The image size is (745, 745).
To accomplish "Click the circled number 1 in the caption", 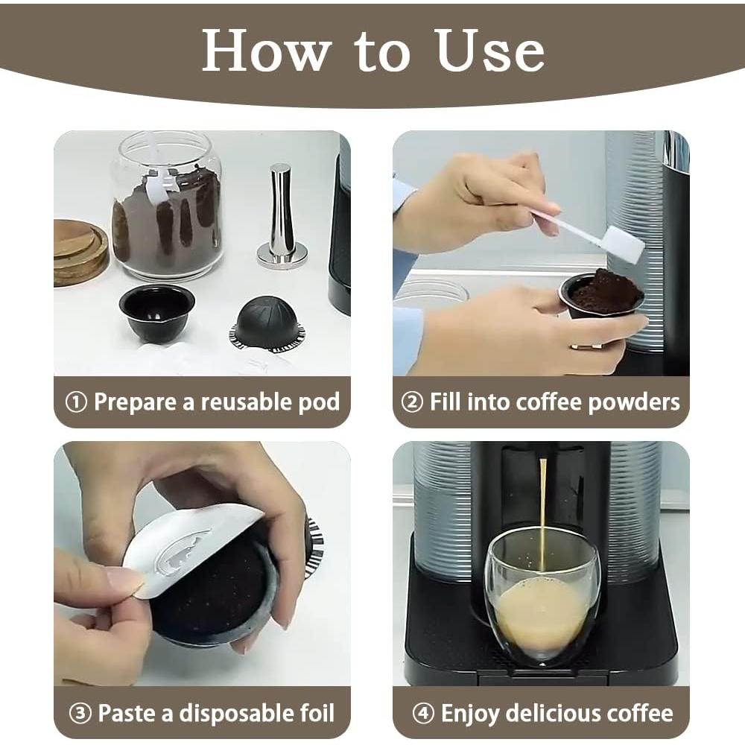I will (77, 402).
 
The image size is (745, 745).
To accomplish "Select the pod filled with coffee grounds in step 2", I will (601, 296).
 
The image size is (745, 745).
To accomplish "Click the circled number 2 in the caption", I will (412, 402).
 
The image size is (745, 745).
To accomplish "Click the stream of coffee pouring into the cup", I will (543, 507).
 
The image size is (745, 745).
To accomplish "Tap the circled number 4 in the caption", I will (423, 713).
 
